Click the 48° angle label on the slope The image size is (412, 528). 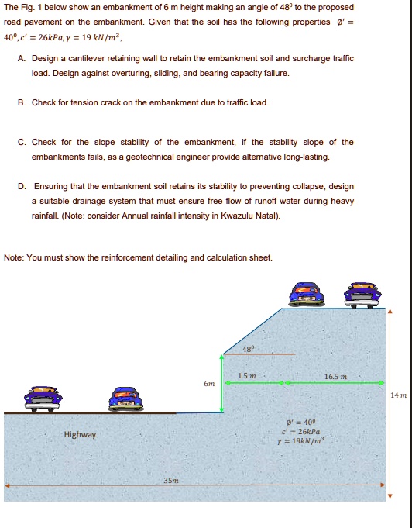[247, 348]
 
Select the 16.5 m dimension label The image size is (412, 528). [335, 377]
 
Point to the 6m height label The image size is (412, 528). [208, 383]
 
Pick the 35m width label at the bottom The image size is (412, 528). [171, 481]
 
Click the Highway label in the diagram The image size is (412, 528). [80, 434]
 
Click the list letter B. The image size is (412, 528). [21, 102]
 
